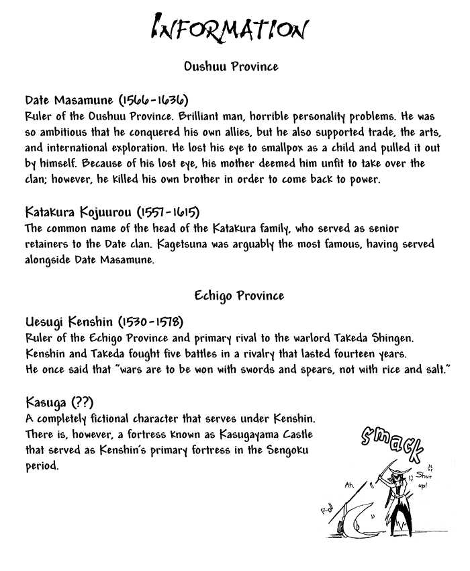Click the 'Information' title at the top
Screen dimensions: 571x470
(x=230, y=29)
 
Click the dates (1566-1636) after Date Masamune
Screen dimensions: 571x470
(x=153, y=101)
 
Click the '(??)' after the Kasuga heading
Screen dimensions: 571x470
(x=81, y=403)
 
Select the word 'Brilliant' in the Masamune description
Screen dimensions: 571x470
(x=209, y=115)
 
